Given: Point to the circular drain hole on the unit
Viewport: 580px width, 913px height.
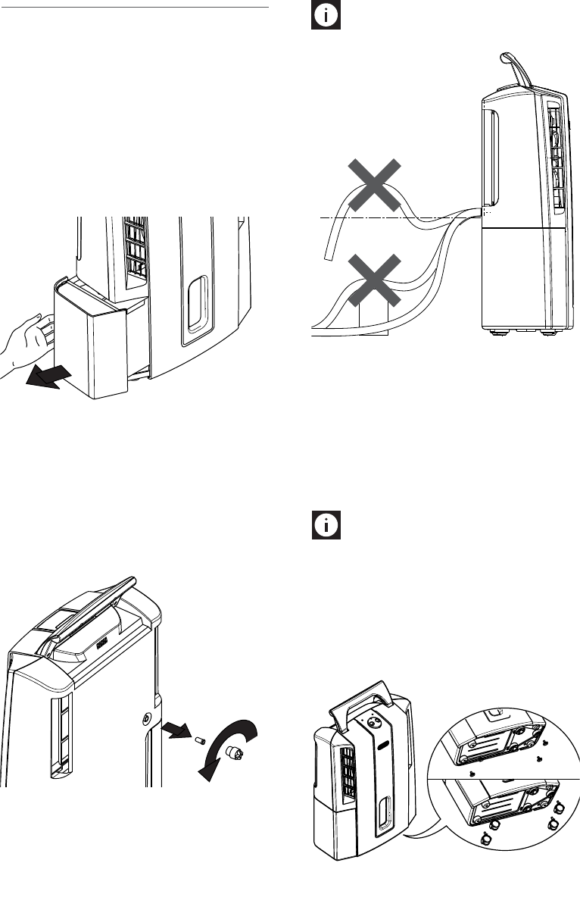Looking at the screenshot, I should point(145,718).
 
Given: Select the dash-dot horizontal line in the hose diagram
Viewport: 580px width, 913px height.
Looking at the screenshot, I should point(394,218).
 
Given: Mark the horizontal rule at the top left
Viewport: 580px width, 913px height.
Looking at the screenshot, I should point(136,8).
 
